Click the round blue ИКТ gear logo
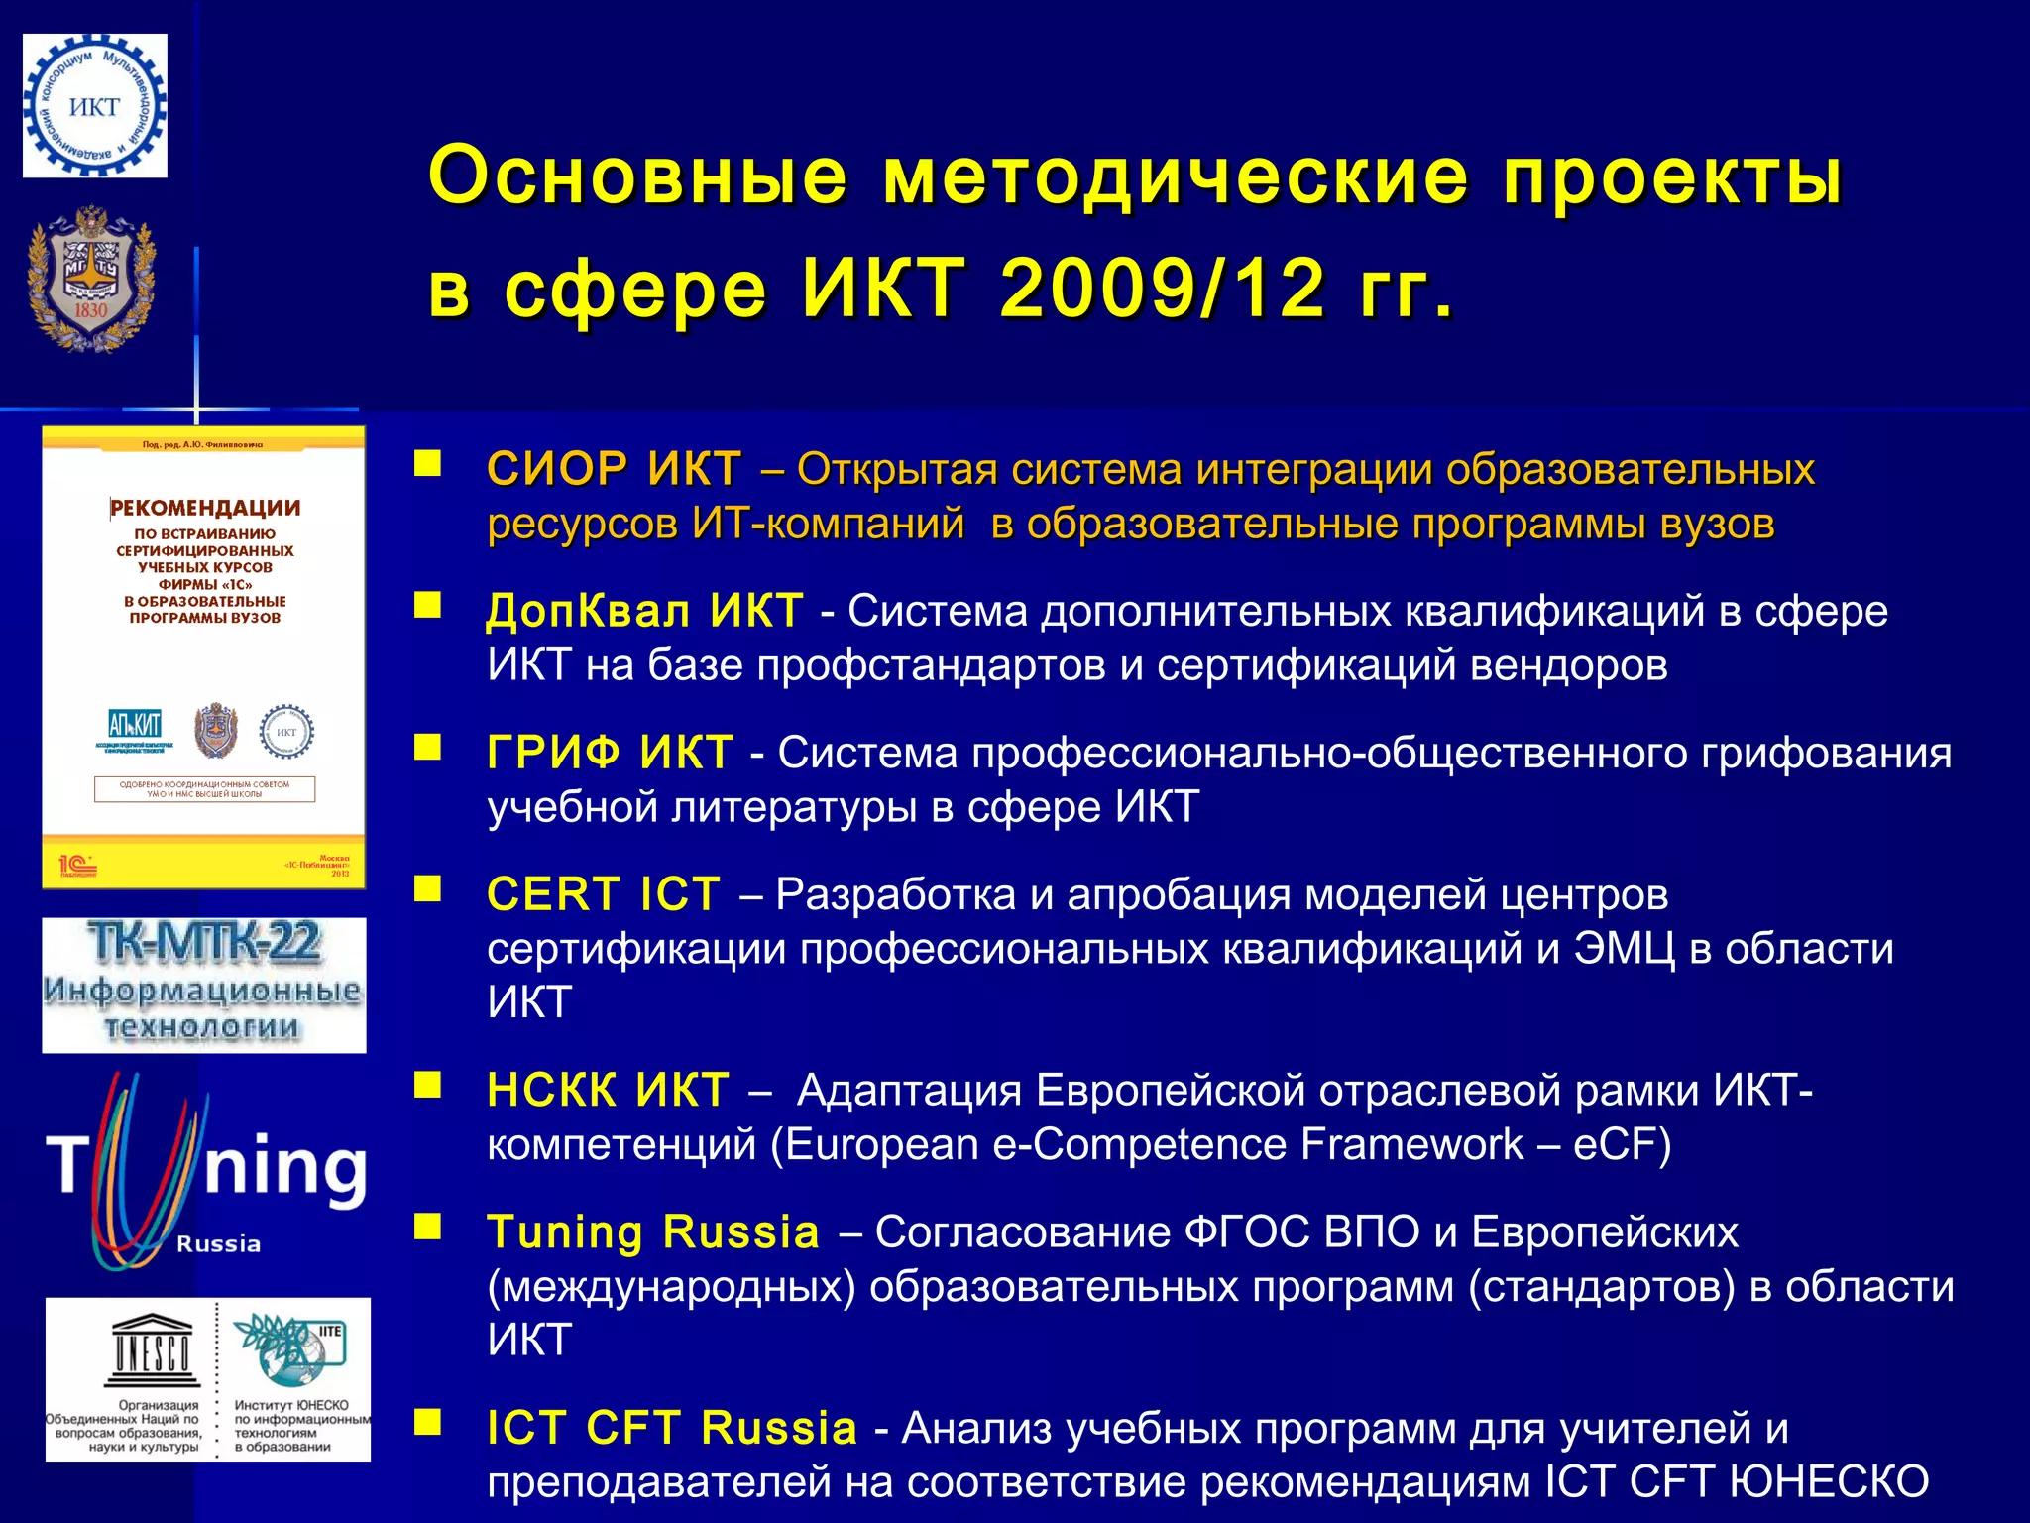(x=94, y=106)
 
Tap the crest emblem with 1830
(x=91, y=280)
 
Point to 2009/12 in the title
(x=1162, y=290)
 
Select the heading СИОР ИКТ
(x=614, y=469)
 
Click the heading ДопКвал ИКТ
(x=644, y=611)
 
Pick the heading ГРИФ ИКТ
(x=610, y=753)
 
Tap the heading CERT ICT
(x=603, y=894)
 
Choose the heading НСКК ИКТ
(x=608, y=1091)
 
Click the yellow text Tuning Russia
(x=653, y=1232)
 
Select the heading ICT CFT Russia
(x=671, y=1429)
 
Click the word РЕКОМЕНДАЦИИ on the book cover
(x=205, y=508)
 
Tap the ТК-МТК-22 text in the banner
(x=203, y=942)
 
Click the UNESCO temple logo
(x=150, y=1350)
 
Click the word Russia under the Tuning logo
(x=218, y=1244)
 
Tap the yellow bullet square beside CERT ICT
(x=427, y=889)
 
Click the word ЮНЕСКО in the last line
(x=1829, y=1482)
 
